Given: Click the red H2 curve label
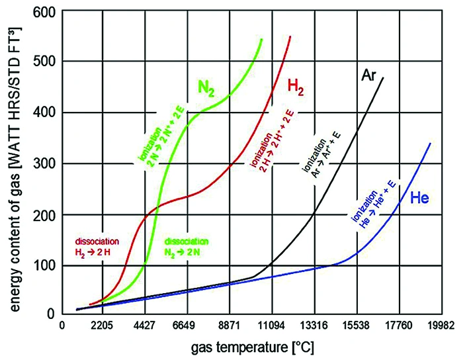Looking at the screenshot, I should (x=294, y=87).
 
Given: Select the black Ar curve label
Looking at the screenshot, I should (x=368, y=75).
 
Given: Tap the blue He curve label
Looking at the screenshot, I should (x=421, y=197).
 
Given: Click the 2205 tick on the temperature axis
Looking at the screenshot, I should (x=103, y=326).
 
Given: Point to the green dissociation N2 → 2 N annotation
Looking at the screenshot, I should (x=187, y=246).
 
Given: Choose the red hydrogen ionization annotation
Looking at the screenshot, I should (x=268, y=142).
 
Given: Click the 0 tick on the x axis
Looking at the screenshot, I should (x=62, y=326).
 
